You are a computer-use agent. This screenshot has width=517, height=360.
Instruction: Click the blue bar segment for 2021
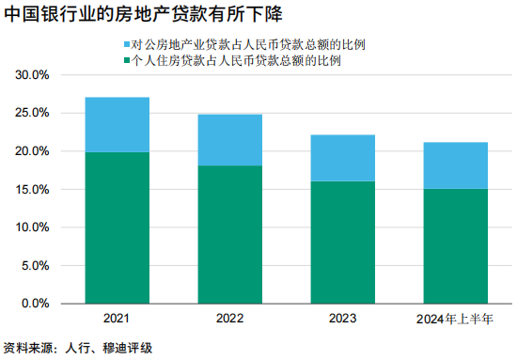pyautogui.click(x=117, y=125)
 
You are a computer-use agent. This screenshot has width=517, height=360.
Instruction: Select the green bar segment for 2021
pyautogui.click(x=117, y=227)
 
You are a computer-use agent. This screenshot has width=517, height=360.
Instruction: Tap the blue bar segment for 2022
pyautogui.click(x=229, y=140)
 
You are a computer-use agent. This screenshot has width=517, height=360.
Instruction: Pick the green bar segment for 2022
pyautogui.click(x=229, y=234)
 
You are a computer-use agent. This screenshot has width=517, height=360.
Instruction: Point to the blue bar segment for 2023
pyautogui.click(x=342, y=158)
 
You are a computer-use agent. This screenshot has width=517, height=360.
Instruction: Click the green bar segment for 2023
pyautogui.click(x=342, y=243)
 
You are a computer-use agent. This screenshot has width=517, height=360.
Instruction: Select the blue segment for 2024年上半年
pyautogui.click(x=455, y=165)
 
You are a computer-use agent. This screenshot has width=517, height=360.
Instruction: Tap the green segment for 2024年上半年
pyautogui.click(x=455, y=246)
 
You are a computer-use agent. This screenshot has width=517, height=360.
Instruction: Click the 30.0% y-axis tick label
pyautogui.click(x=32, y=75)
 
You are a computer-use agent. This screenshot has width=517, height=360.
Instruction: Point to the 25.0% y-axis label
pyautogui.click(x=32, y=113)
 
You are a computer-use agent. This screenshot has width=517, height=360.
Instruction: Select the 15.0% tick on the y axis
pyautogui.click(x=32, y=189)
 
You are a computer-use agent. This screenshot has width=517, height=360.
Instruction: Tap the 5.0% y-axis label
pyautogui.click(x=36, y=265)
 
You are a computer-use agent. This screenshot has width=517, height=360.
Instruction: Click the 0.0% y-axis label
pyautogui.click(x=36, y=304)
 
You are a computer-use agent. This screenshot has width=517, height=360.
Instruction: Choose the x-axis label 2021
pyautogui.click(x=116, y=318)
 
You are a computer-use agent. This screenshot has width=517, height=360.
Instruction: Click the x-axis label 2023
pyautogui.click(x=342, y=318)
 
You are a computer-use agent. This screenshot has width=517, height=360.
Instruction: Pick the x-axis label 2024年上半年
pyautogui.click(x=455, y=319)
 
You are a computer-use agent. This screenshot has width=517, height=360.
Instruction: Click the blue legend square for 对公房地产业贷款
pyautogui.click(x=127, y=44)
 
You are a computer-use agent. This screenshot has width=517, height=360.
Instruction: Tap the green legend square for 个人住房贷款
pyautogui.click(x=127, y=60)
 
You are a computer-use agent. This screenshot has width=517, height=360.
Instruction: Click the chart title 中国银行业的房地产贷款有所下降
pyautogui.click(x=143, y=14)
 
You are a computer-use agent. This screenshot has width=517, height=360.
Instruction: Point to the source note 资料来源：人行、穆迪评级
pyautogui.click(x=78, y=348)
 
